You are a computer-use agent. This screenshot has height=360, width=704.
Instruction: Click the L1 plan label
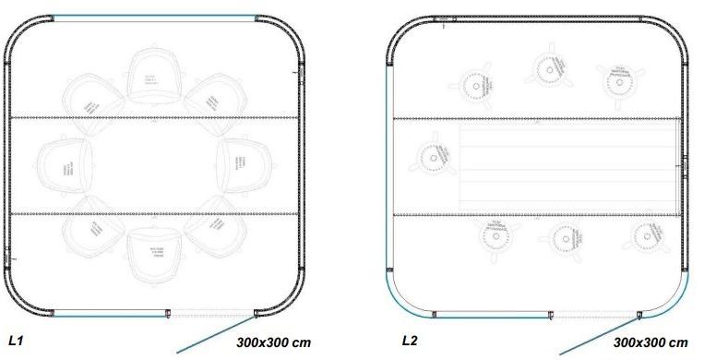(16, 342)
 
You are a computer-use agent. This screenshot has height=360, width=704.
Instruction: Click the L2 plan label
(409, 341)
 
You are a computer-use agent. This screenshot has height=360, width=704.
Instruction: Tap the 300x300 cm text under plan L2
(650, 343)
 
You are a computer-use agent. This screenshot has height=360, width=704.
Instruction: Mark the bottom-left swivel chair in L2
(493, 235)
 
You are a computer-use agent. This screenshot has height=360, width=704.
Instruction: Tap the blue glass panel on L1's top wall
(153, 17)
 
